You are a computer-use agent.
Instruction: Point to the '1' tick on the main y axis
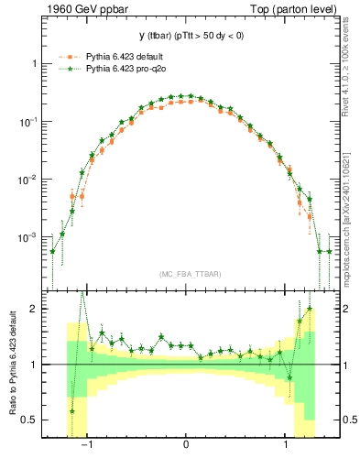(x=35, y=64)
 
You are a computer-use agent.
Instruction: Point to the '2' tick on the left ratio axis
(x=35, y=309)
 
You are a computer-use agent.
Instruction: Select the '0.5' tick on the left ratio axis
(x=31, y=420)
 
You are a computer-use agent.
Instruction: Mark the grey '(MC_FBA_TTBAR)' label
(x=188, y=275)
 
